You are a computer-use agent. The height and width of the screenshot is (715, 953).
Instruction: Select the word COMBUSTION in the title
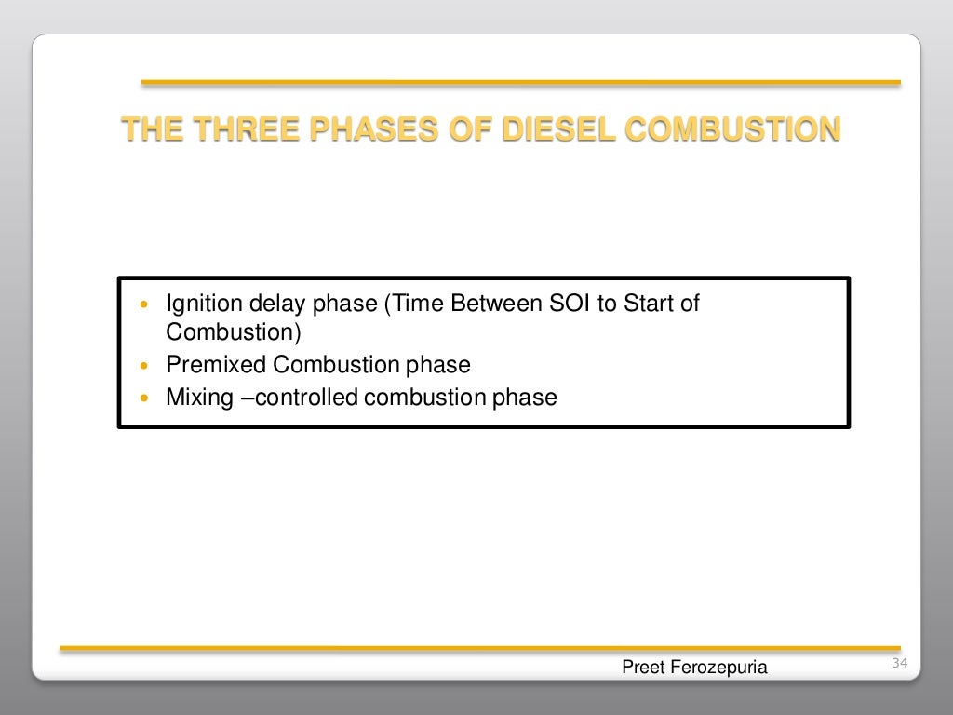tap(732, 129)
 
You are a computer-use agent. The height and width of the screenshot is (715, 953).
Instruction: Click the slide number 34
tap(899, 663)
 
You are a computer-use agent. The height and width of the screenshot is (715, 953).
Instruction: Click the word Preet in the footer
tap(641, 667)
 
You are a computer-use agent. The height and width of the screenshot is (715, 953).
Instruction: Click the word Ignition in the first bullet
tap(198, 304)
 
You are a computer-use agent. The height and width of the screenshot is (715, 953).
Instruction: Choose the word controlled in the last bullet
tap(306, 398)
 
